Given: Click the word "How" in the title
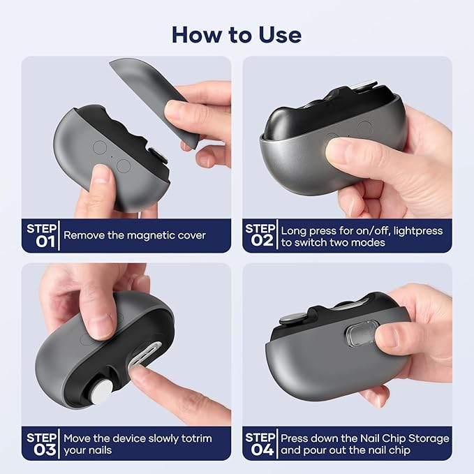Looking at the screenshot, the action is pyautogui.click(x=197, y=35).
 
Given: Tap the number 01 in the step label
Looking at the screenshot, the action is pyautogui.click(x=45, y=242).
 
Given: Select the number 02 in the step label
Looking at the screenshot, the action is pyautogui.click(x=262, y=241).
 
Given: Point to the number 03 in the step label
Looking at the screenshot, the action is pyautogui.click(x=45, y=450).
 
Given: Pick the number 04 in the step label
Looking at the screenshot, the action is pyautogui.click(x=262, y=450).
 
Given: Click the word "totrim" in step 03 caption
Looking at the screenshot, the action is pyautogui.click(x=196, y=438).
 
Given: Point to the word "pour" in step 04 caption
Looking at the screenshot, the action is pyautogui.click(x=313, y=451).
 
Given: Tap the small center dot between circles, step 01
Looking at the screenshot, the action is pyautogui.click(x=112, y=157).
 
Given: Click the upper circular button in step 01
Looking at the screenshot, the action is pyautogui.click(x=100, y=147).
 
